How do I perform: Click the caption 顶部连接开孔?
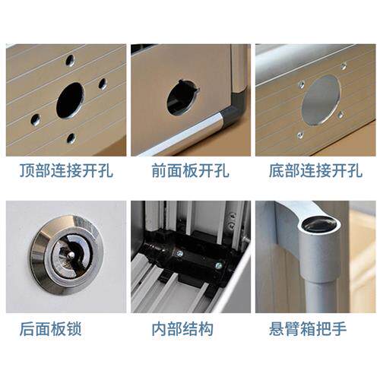pyautogui.click(x=66, y=170)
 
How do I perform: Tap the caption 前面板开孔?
pyautogui.click(x=190, y=170)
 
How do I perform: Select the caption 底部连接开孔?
pyautogui.click(x=315, y=170)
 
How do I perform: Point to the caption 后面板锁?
pyautogui.click(x=51, y=328)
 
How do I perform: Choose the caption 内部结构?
pyautogui.click(x=182, y=328)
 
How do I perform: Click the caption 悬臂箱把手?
pyautogui.click(x=308, y=328)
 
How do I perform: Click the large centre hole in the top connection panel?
pyautogui.click(x=70, y=100)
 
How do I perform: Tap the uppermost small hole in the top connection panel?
pyautogui.click(x=70, y=60)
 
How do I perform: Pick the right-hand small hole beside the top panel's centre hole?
pyautogui.click(x=103, y=84)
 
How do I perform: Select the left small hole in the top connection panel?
pyautogui.click(x=36, y=120)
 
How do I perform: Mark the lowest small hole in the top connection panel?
pyautogui.click(x=71, y=138)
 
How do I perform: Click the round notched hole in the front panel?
pyautogui.click(x=182, y=98)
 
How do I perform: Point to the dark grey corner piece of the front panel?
pyautogui.click(x=236, y=109)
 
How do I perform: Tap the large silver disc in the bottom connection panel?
pyautogui.click(x=321, y=100)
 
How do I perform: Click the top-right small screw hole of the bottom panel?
pyautogui.click(x=344, y=67)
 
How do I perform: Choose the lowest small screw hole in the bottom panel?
pyautogui.click(x=300, y=135)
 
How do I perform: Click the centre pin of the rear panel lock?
pyautogui.click(x=72, y=255)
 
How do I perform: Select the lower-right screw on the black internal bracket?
pyautogui.click(x=218, y=266)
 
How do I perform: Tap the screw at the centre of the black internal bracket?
pyautogui.click(x=180, y=253)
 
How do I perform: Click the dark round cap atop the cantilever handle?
pyautogui.click(x=320, y=225)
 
